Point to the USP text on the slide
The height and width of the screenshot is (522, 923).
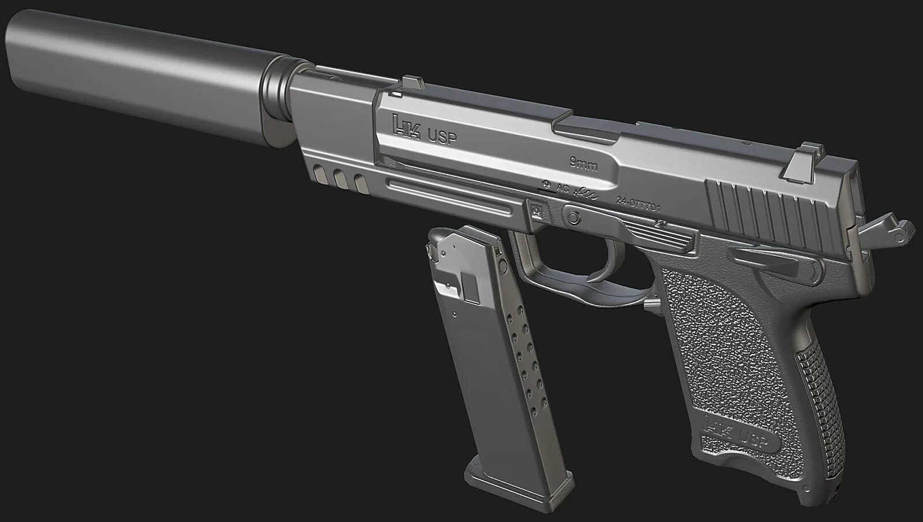pyautogui.click(x=441, y=137)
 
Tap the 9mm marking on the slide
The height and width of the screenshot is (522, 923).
pyautogui.click(x=583, y=165)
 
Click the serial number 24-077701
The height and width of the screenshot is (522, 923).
pyautogui.click(x=638, y=203)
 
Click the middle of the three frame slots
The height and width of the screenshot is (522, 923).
pyautogui.click(x=341, y=179)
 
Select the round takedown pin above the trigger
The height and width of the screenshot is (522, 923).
pyautogui.click(x=573, y=217)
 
